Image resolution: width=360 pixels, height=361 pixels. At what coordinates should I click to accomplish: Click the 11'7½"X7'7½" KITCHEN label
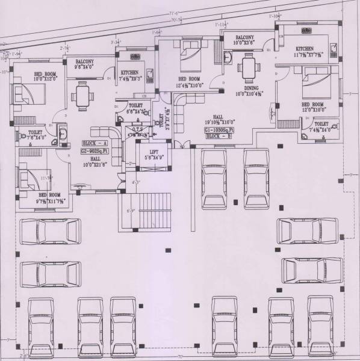click(x=305, y=49)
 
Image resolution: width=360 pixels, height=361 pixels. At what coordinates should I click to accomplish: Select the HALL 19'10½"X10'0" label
click(x=217, y=121)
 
